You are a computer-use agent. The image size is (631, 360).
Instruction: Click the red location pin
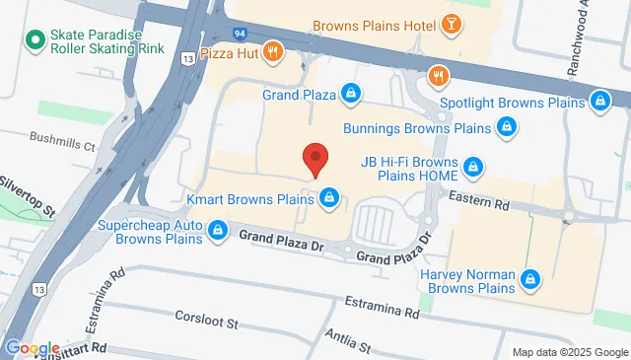(315, 158)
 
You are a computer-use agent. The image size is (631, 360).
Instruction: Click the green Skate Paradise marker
(35, 40)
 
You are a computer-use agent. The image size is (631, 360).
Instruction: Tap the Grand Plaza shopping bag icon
(351, 95)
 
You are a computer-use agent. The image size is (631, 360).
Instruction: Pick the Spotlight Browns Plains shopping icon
(598, 101)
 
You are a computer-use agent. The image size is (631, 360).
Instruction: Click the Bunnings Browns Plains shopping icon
(505, 127)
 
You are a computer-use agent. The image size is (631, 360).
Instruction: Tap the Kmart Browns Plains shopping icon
(328, 199)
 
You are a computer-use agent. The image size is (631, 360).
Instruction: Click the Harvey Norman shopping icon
(530, 280)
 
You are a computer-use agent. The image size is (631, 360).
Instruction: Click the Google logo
(33, 348)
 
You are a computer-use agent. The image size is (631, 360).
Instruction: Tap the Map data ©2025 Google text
(568, 352)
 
